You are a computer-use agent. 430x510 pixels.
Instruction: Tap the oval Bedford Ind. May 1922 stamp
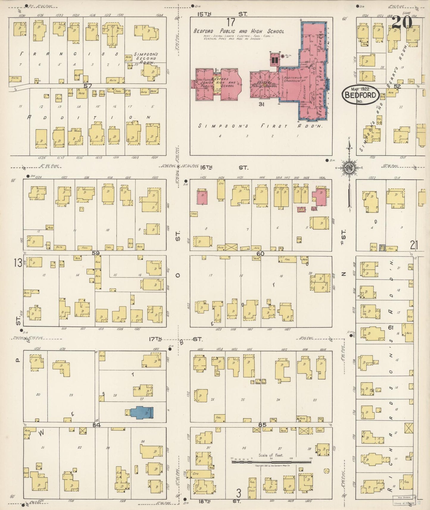click(360, 95)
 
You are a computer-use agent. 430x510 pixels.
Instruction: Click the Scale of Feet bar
click(271, 462)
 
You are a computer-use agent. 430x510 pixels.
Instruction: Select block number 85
click(262, 425)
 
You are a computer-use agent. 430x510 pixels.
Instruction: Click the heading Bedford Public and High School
click(239, 31)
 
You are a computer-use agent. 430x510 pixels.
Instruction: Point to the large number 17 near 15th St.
click(231, 22)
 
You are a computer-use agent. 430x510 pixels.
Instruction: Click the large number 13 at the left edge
click(18, 263)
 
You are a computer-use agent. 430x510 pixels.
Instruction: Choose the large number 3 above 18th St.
click(238, 493)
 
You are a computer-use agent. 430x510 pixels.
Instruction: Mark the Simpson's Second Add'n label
click(146, 58)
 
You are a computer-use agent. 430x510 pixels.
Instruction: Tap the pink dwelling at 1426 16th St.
click(202, 198)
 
